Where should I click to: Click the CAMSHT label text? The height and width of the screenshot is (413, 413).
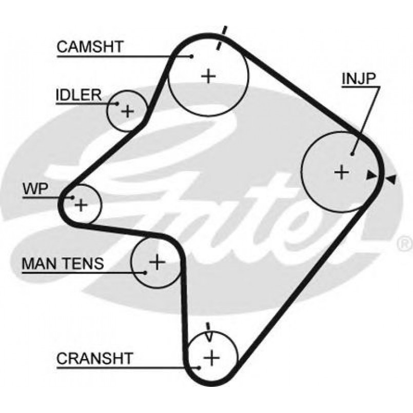pyautogui.click(x=90, y=47)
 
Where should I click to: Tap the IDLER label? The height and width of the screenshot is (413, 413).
pyautogui.click(x=78, y=95)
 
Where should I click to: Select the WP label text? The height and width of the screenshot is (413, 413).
pyautogui.click(x=35, y=189)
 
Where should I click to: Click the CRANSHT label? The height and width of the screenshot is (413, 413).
pyautogui.click(x=95, y=358)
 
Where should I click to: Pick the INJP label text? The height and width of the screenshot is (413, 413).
pyautogui.click(x=359, y=78)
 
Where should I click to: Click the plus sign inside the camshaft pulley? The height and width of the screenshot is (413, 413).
pyautogui.click(x=208, y=76)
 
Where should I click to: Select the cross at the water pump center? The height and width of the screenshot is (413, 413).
pyautogui.click(x=81, y=205)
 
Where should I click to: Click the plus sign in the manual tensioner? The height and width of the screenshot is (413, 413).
pyautogui.click(x=156, y=262)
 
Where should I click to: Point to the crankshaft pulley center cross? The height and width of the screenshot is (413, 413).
pyautogui.click(x=211, y=357)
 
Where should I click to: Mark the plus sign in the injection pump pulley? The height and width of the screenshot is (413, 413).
pyautogui.click(x=341, y=171)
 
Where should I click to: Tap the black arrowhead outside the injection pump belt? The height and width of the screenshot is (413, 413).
pyautogui.click(x=391, y=180)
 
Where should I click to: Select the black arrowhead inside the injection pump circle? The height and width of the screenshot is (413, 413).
pyautogui.click(x=370, y=175)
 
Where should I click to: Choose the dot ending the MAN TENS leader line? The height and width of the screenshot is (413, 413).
pyautogui.click(x=146, y=272)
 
